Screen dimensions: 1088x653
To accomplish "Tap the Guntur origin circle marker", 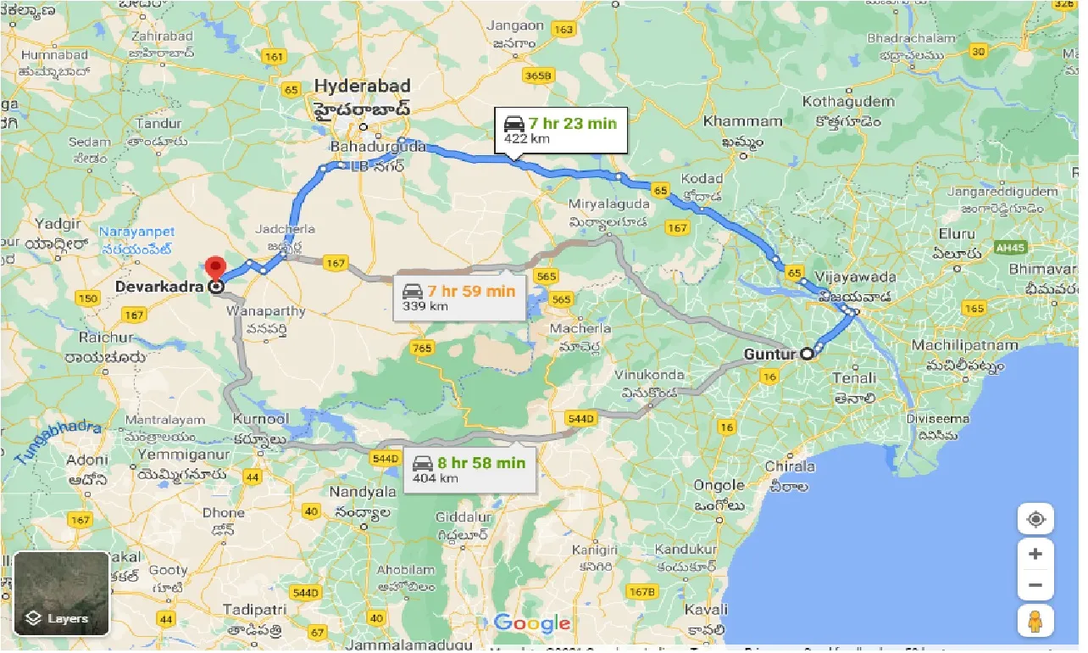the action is coord(808,354).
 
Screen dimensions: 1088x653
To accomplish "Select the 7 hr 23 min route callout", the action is coord(561,130).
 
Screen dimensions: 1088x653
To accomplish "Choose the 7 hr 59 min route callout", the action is coord(459,298).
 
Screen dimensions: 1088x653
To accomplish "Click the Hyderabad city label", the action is coord(362,87).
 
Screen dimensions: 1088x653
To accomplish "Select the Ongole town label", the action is coord(719,485).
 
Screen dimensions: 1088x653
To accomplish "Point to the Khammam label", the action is coord(742,121).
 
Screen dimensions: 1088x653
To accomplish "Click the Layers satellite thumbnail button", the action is coord(61,594).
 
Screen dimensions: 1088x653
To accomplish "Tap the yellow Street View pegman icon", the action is coord(1035,622).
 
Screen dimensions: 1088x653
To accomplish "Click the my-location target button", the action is coord(1035,519).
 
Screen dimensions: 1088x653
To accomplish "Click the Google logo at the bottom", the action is coord(532,624).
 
